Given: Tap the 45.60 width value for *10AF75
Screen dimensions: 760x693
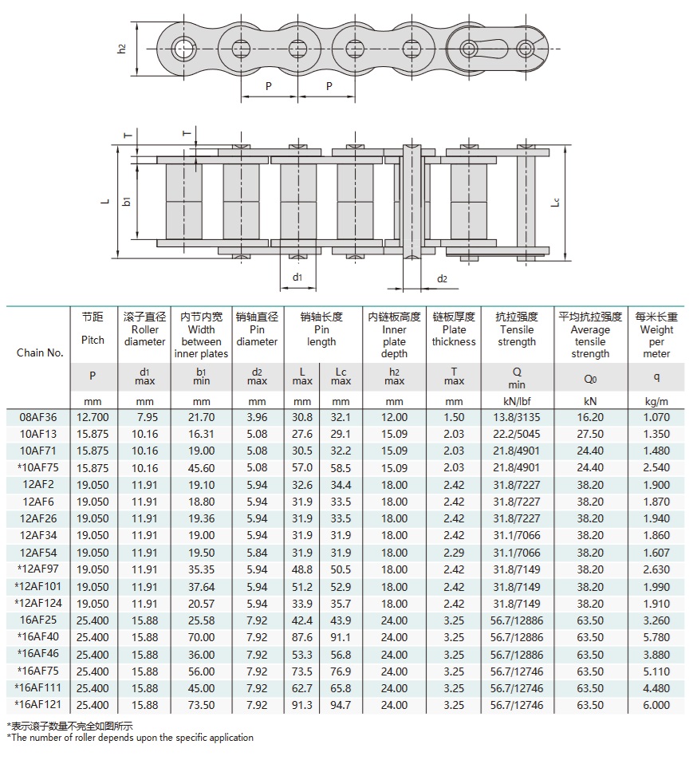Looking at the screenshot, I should click(202, 468).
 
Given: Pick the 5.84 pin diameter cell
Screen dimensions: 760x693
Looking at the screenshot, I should click(257, 553).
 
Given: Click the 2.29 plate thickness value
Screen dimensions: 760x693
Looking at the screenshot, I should click(454, 553).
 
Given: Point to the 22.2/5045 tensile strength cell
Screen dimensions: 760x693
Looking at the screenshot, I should click(517, 434).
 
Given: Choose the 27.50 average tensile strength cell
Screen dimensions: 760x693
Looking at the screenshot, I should click(590, 434).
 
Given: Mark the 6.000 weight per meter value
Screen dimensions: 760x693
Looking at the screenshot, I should click(656, 705).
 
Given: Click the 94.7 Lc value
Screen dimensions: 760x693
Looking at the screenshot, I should click(341, 705).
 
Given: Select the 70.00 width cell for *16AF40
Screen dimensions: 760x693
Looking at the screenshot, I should click(202, 637).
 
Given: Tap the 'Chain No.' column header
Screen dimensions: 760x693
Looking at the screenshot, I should click(40, 352).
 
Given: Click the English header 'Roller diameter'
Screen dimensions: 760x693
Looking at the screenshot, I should click(144, 336).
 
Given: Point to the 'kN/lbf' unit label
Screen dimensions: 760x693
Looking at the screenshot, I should click(517, 402).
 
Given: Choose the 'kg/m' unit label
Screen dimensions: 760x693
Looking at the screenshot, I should click(656, 402).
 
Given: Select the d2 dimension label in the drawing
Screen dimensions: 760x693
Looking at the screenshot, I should click(443, 279).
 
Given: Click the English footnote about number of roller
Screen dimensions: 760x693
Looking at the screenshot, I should click(131, 738).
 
